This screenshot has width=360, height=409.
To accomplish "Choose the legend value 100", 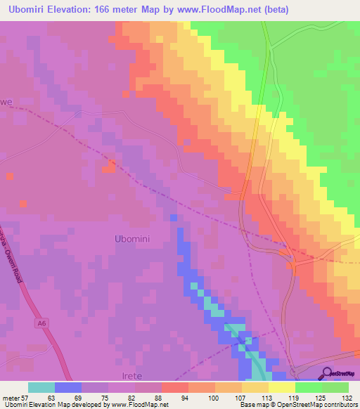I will tap(211, 397).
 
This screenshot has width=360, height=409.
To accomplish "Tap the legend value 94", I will tap(185, 397).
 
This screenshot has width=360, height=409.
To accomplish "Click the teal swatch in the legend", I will tap(41, 387).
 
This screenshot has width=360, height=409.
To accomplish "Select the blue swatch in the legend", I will tap(68, 387).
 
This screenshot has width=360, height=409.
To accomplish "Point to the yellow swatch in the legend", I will tap(282, 387).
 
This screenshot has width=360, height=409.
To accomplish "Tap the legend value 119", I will tap(292, 397).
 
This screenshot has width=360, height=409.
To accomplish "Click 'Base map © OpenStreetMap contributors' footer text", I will tap(300, 405).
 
